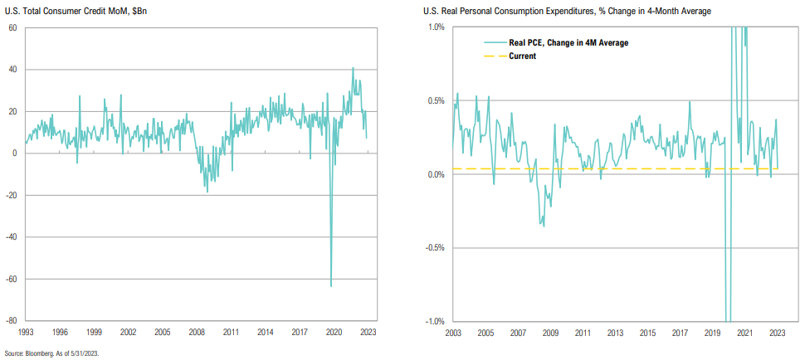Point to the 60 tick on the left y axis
coord(13,28)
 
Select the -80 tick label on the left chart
coord(12,320)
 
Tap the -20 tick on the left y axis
coord(12,195)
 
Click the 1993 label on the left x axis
coord(25,332)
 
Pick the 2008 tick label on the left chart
coord(198,332)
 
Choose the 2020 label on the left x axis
coord(334,332)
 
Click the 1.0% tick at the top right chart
coord(435,27)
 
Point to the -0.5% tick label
coord(433,247)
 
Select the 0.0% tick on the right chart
coord(435,174)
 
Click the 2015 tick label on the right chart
coord(646,332)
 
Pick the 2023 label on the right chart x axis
coord(777,332)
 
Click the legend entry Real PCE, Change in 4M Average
coord(568,42)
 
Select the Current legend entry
coord(522,56)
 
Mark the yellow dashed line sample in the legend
coord(495,56)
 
